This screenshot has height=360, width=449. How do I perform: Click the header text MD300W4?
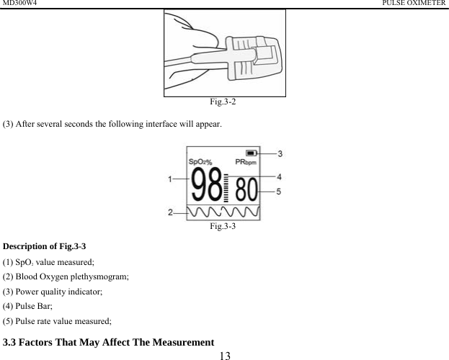click(19, 4)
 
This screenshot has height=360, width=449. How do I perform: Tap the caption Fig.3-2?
click(225, 102)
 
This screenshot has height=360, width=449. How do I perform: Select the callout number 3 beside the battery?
click(280, 153)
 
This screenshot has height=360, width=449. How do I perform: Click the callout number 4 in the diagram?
click(279, 176)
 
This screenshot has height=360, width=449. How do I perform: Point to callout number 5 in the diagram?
click(279, 191)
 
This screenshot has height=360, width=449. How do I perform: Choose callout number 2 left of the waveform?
click(172, 212)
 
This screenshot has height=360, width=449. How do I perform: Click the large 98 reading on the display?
click(208, 189)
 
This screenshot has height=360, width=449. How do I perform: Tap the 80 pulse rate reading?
click(246, 191)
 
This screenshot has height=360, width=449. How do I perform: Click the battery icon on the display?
click(251, 153)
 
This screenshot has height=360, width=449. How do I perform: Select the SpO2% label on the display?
click(201, 161)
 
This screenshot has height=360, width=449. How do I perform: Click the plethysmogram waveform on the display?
click(223, 212)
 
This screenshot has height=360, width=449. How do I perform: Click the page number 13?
click(225, 354)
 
